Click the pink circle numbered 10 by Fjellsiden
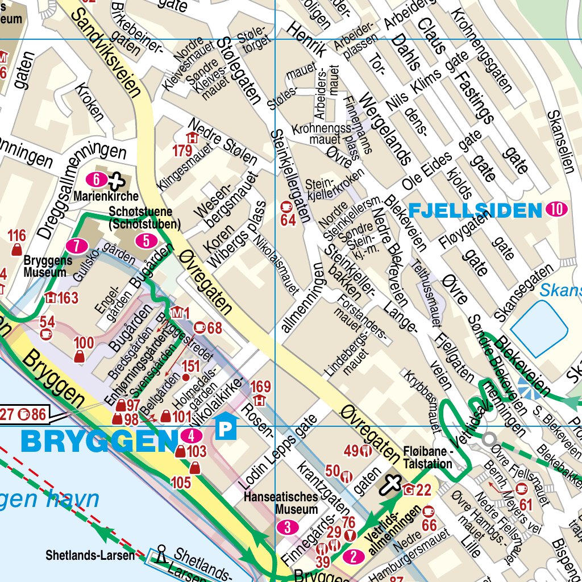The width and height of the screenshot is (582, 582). [556, 210]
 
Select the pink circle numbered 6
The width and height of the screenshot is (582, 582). [97, 180]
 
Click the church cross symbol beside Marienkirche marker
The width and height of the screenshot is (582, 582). [116, 181]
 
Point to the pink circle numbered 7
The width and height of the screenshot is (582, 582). [76, 246]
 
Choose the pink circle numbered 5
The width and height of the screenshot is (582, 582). [147, 241]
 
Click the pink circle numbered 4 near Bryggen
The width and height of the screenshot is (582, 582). [191, 436]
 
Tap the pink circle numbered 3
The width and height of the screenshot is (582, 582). [288, 527]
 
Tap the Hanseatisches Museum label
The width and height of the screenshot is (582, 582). [281, 502]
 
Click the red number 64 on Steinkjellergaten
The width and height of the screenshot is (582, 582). [288, 220]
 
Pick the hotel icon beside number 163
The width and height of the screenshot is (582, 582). [52, 297]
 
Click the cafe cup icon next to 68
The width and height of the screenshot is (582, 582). [200, 327]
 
